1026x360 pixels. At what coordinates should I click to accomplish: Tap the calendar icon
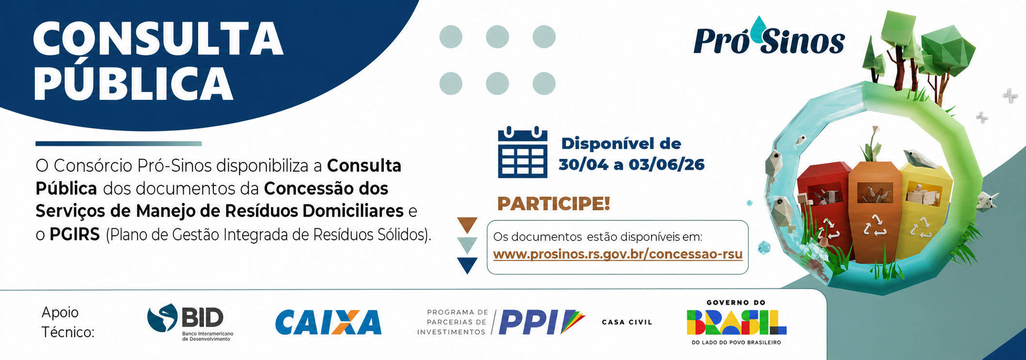point(522,152)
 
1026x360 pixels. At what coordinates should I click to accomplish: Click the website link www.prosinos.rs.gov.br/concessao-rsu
point(618,254)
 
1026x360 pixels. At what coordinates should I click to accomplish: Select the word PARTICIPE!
point(553,203)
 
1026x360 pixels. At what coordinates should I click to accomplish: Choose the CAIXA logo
point(328,322)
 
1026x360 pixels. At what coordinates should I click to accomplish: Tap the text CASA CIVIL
point(627,322)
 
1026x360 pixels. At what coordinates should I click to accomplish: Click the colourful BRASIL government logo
point(736,322)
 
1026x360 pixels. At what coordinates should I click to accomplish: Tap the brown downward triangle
point(467,224)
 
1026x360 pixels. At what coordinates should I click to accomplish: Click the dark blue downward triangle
point(467,265)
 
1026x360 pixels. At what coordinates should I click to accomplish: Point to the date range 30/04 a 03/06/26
point(631,165)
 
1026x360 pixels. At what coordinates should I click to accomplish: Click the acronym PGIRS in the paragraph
point(75,235)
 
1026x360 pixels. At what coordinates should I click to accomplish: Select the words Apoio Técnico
point(68,322)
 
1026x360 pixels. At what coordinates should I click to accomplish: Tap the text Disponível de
point(621,144)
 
